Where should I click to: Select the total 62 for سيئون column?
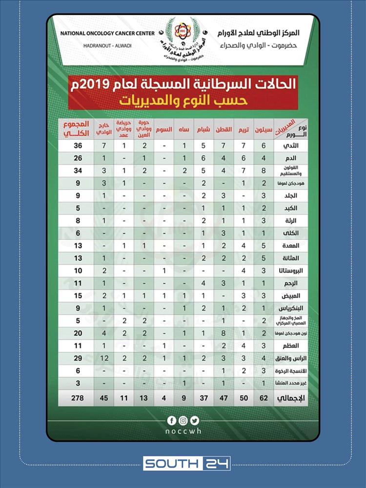(x=264, y=399)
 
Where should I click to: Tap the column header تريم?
(x=243, y=130)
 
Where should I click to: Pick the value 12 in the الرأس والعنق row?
(x=104, y=359)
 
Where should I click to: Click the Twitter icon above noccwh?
(x=195, y=420)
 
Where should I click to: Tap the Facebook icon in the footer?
(x=172, y=420)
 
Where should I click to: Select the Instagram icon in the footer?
(x=183, y=420)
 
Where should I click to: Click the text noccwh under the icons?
(x=183, y=432)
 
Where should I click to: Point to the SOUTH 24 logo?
(x=186, y=463)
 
